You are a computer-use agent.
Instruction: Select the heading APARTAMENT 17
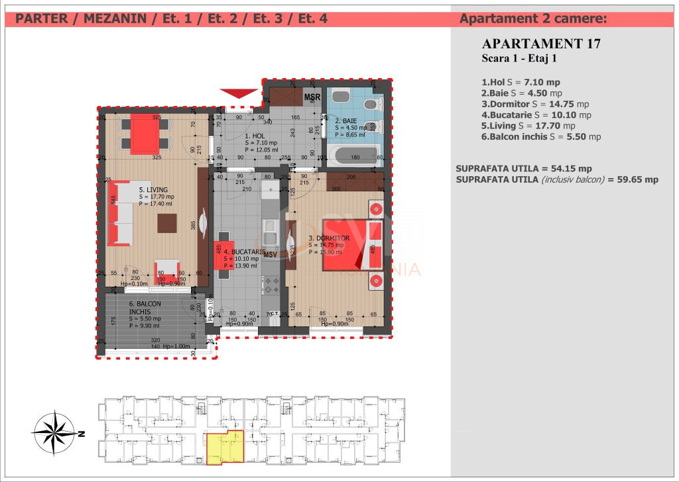point(542,44)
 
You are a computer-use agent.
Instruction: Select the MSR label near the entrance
point(312,98)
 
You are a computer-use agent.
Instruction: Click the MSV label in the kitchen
point(271,255)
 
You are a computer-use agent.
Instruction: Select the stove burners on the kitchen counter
point(272,286)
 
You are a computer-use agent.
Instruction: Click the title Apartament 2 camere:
point(532,19)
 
